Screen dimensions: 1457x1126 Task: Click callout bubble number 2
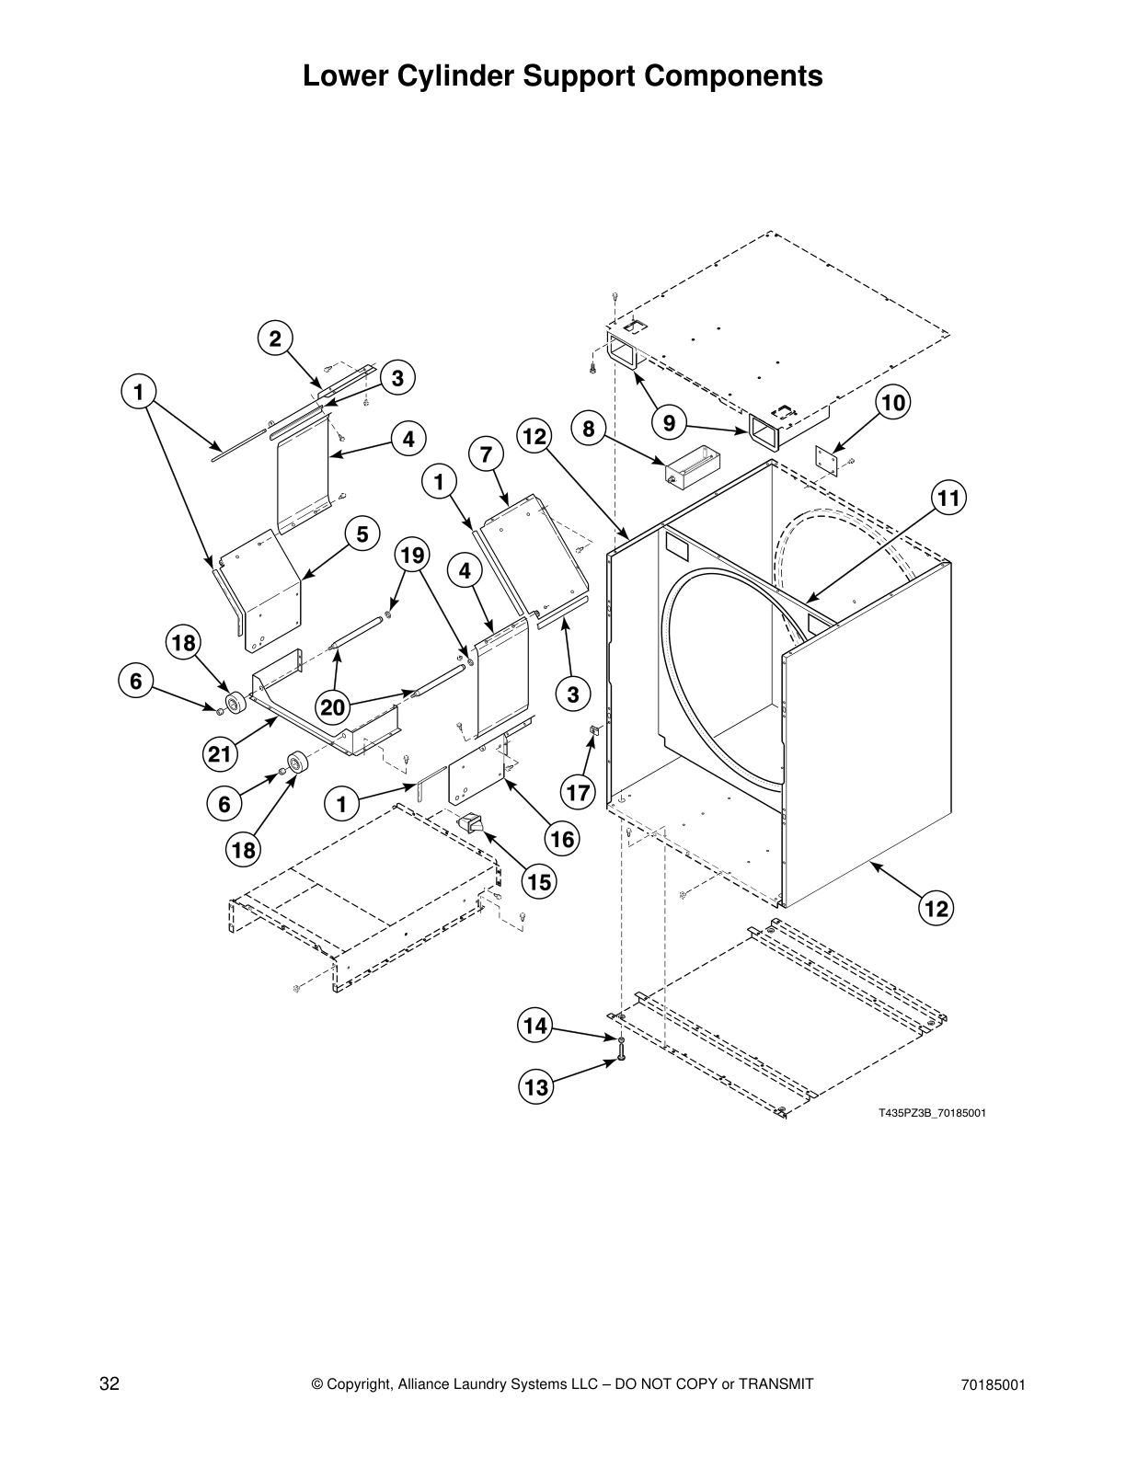(274, 338)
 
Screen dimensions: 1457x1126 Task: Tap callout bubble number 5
(362, 533)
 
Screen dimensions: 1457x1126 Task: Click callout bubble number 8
(588, 429)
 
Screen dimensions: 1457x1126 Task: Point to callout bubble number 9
(669, 423)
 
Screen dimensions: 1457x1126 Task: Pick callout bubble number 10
(892, 402)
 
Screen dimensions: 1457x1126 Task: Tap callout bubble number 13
(535, 1087)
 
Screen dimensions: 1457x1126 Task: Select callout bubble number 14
(535, 1025)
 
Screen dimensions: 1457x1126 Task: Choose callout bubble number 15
(539, 882)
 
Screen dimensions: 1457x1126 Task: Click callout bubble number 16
(562, 838)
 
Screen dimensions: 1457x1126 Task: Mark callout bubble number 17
(578, 791)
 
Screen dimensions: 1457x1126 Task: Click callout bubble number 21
(219, 754)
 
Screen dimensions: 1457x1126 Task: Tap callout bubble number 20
(333, 706)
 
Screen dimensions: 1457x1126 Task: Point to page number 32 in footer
(109, 1384)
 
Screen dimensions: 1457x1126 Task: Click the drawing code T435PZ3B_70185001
(931, 1113)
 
